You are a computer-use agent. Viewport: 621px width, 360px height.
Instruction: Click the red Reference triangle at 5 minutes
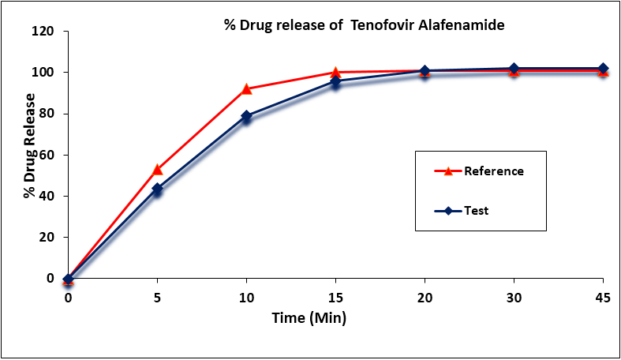point(157,170)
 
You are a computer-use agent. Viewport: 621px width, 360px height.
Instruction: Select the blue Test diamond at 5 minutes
point(157,189)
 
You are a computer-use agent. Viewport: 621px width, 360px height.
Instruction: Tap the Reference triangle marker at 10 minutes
point(246,88)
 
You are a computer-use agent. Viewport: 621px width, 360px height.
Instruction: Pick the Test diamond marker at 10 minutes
point(246,116)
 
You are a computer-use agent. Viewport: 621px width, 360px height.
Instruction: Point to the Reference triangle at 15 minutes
point(335,73)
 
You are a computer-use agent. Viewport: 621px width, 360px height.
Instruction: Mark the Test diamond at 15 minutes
point(335,81)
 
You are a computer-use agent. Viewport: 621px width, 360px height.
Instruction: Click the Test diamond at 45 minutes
point(603,69)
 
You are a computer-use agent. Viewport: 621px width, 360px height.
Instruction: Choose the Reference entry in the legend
point(479,171)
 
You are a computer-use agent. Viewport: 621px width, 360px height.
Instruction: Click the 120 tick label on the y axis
point(43,31)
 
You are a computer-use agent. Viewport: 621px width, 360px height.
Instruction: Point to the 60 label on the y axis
point(47,155)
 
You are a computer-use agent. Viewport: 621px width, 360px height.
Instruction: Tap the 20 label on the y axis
point(47,237)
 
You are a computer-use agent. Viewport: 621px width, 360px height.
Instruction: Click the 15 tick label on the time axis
point(335,297)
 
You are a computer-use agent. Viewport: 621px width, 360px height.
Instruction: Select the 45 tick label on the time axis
point(603,297)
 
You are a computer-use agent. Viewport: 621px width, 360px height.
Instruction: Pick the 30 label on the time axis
point(514,297)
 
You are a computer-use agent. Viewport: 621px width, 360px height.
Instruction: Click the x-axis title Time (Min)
point(309,317)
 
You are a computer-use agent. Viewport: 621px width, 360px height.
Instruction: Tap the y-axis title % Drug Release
point(29,146)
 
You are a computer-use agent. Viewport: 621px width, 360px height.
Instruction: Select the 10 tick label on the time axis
point(246,297)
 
